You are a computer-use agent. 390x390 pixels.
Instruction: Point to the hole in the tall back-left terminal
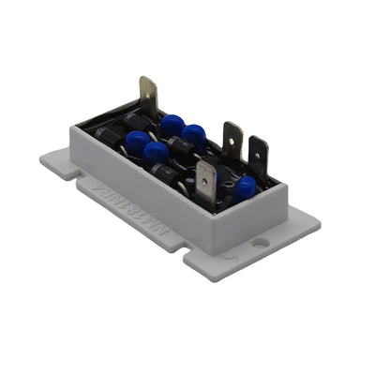(x=147, y=90)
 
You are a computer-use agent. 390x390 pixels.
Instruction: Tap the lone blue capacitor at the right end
(x=245, y=187)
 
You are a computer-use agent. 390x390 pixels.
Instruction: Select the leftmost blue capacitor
(x=137, y=143)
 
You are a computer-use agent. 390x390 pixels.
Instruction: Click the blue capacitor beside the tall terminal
(x=172, y=124)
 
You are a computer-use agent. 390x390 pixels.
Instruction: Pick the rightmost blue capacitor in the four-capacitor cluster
(x=194, y=135)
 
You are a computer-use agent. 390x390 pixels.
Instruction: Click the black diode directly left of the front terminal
(x=176, y=175)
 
